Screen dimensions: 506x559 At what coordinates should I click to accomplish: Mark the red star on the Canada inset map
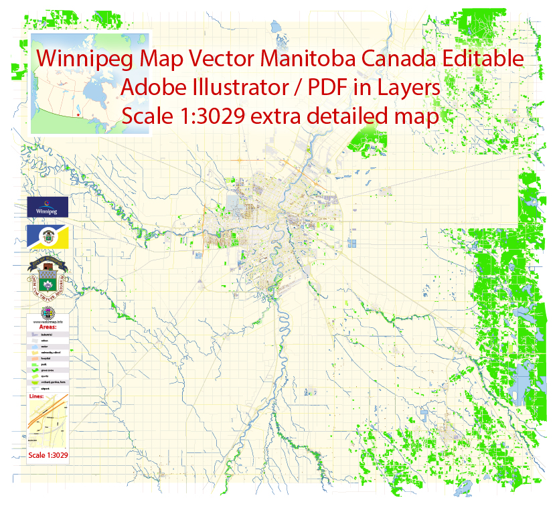(x=79, y=114)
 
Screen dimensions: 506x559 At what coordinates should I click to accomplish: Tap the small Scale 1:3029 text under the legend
(x=48, y=456)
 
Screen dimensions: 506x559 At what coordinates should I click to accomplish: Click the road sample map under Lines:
(x=48, y=425)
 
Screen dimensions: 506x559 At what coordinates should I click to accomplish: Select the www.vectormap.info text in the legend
(x=48, y=322)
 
